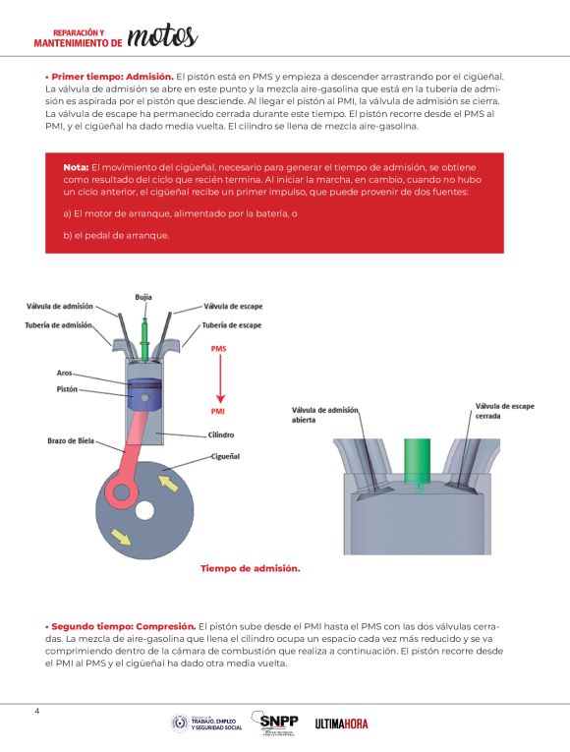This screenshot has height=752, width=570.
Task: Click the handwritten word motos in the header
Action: [x=162, y=36]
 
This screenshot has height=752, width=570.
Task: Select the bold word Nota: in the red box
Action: [x=76, y=167]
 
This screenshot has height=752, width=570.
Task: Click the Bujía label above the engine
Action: [x=143, y=297]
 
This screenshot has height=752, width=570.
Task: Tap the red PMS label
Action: [x=218, y=349]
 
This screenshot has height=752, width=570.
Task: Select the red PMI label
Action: [x=217, y=412]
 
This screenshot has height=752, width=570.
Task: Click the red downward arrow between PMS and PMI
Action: [x=220, y=378]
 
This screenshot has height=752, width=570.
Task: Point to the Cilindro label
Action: [x=221, y=435]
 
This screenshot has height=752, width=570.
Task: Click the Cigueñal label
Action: [x=225, y=456]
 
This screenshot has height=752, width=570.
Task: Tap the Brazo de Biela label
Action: [x=71, y=440]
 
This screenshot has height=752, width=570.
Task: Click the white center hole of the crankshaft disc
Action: [x=144, y=511]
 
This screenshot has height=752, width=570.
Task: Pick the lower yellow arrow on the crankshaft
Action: [x=120, y=537]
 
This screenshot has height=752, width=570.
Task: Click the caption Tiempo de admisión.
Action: [x=251, y=569]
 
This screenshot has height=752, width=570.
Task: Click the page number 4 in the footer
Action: [x=37, y=712]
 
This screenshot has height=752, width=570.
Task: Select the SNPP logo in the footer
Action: [x=275, y=723]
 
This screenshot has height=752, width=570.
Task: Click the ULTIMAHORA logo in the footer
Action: [x=341, y=723]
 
